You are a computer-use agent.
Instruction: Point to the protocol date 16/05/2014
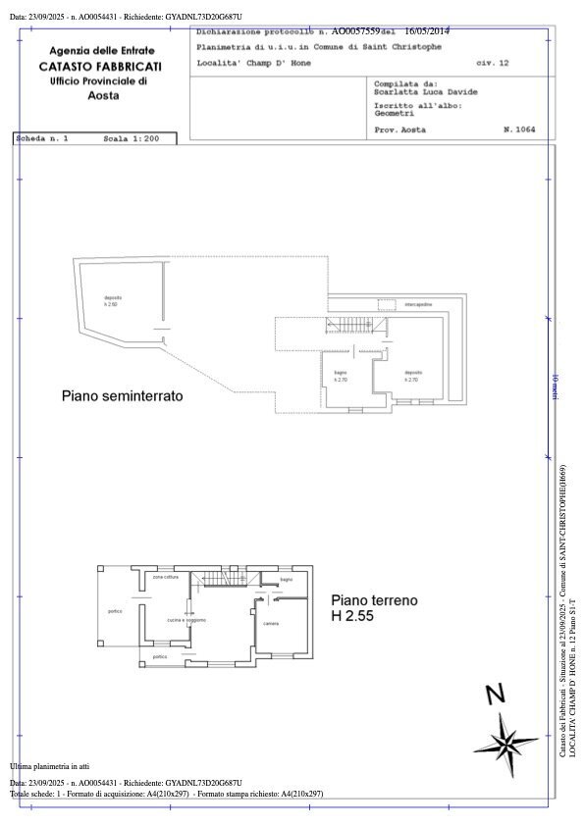(427, 31)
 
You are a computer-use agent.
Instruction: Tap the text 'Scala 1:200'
(131, 139)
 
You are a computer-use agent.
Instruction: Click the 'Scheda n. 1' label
(42, 139)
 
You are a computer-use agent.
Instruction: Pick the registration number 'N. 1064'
(518, 129)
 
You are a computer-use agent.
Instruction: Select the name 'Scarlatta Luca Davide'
(426, 92)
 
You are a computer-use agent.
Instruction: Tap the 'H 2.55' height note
(352, 617)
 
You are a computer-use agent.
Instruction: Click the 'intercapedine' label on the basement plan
(418, 305)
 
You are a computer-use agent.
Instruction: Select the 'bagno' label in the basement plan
(341, 375)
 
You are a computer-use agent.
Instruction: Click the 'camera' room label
(271, 624)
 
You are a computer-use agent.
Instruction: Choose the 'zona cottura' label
(165, 577)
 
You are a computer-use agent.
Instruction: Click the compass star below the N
(504, 736)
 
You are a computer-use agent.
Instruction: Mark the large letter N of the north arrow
(497, 696)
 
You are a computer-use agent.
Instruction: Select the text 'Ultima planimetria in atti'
(49, 765)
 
